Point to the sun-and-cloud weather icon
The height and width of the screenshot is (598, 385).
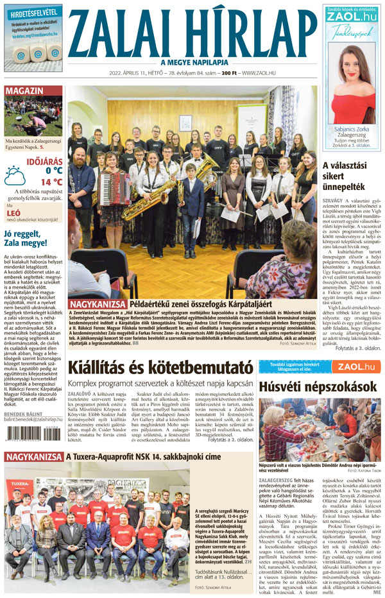tap(15, 175)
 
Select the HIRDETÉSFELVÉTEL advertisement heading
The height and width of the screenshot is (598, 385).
tap(33, 13)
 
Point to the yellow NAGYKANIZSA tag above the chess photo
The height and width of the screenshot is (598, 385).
tap(32, 457)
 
